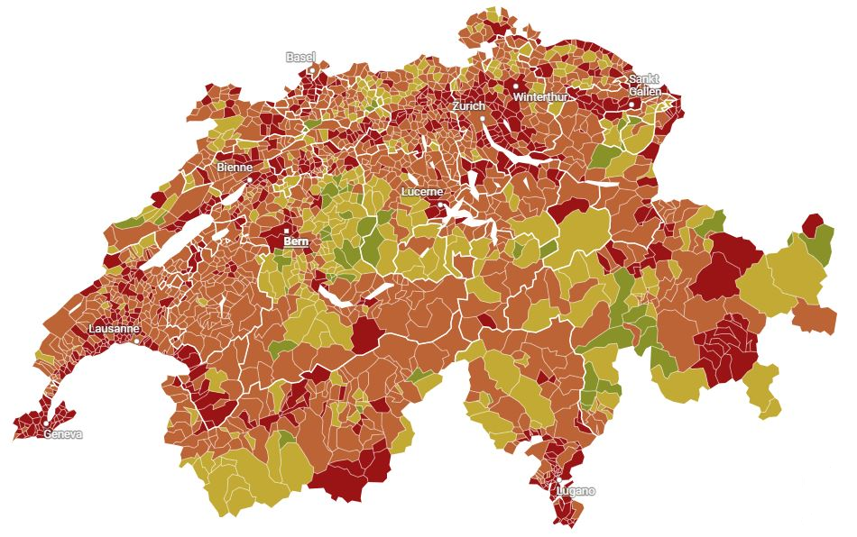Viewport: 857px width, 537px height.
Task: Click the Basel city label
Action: (300, 57)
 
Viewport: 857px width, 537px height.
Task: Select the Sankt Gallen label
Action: (645, 86)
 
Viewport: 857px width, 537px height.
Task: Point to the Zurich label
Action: (469, 106)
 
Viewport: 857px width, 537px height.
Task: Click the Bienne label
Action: (235, 168)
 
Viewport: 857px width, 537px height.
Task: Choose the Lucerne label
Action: (422, 192)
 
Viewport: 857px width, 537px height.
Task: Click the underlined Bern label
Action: (295, 241)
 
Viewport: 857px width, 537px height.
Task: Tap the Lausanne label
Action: (114, 329)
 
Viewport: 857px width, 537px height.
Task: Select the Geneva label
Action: (62, 434)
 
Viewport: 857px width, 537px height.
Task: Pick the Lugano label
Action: (576, 491)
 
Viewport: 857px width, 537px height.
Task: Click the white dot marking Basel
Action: (312, 69)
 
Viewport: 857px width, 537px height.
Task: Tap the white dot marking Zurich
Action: (483, 118)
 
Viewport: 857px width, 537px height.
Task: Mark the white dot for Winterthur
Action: (516, 86)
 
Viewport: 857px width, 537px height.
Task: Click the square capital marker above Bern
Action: (287, 232)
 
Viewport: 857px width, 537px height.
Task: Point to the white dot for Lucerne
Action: (439, 204)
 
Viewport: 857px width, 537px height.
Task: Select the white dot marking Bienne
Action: (250, 179)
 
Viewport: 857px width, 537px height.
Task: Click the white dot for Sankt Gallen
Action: (634, 104)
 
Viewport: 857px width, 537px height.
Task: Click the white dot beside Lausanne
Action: (136, 341)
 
